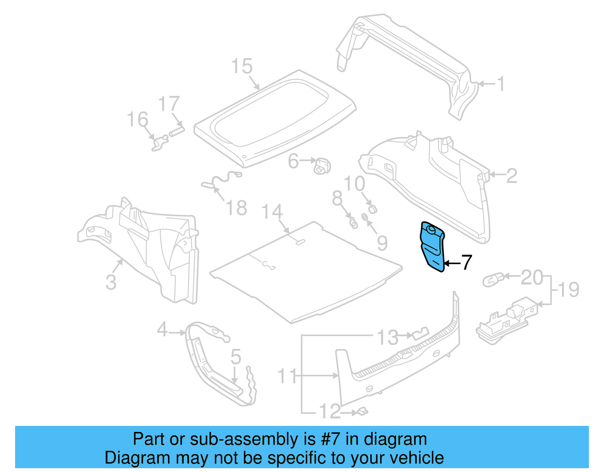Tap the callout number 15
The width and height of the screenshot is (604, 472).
pyautogui.click(x=242, y=67)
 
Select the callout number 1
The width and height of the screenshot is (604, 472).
pyautogui.click(x=500, y=84)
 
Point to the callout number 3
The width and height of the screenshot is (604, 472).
pyautogui.click(x=111, y=282)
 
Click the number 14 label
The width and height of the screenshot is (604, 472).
pyautogui.click(x=272, y=212)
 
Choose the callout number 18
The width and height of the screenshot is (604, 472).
pyautogui.click(x=236, y=208)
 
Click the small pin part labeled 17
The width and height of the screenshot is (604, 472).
pyautogui.click(x=177, y=131)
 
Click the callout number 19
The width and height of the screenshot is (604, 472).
pyautogui.click(x=568, y=290)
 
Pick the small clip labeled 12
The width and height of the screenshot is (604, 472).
pyautogui.click(x=362, y=411)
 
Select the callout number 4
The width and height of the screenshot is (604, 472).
pyautogui.click(x=162, y=330)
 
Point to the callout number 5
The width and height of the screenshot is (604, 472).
pyautogui.click(x=236, y=357)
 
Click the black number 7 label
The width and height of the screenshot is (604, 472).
pyautogui.click(x=467, y=262)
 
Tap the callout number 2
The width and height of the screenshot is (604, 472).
pyautogui.click(x=511, y=176)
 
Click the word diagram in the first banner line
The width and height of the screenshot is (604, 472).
pyautogui.click(x=395, y=440)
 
